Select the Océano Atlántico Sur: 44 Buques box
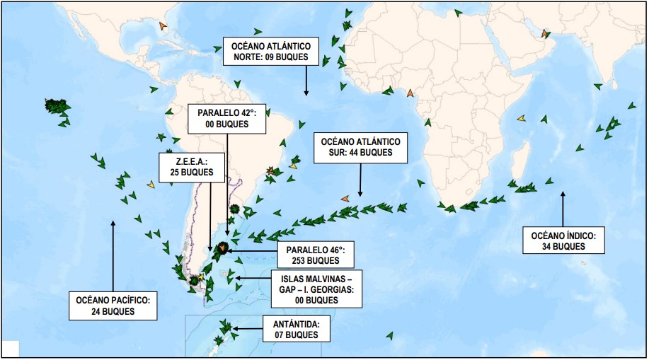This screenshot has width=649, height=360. (360, 146)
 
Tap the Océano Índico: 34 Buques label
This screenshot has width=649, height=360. (564, 240)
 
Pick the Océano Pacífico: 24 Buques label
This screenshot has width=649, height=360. (113, 305)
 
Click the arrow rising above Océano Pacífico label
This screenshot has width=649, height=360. (113, 255)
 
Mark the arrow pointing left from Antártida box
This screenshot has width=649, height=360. (245, 328)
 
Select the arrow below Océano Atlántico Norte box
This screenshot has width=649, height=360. (306, 80)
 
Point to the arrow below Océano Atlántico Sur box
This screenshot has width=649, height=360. (360, 179)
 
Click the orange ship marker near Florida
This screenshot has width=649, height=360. (163, 26)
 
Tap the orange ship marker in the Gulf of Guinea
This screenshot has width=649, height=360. (410, 93)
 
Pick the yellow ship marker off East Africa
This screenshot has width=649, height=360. (522, 118)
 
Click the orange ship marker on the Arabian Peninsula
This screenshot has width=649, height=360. (545, 33)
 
